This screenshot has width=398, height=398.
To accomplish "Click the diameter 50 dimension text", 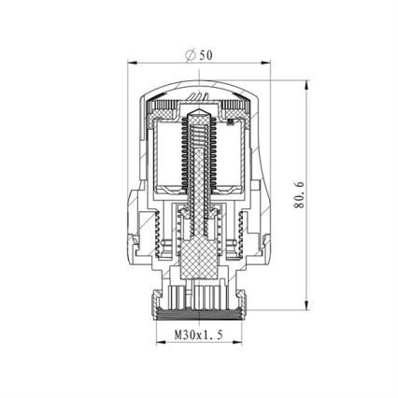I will pos(199,54).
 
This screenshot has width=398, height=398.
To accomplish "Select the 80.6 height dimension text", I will pos(300,195).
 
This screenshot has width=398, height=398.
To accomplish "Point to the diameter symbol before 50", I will pos(191,54).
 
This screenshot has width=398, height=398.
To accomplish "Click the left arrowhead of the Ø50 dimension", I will pos(132,64).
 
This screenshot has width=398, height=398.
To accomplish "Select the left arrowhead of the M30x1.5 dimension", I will pos(158,343).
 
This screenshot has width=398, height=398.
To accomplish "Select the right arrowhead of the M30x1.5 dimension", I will pos(239,343).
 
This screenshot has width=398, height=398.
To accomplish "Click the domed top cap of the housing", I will pos(198,87).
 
